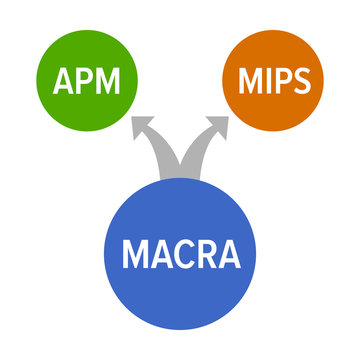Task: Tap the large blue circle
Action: (x=180, y=255)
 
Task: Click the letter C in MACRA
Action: (x=182, y=254)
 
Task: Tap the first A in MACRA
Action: (x=160, y=254)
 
